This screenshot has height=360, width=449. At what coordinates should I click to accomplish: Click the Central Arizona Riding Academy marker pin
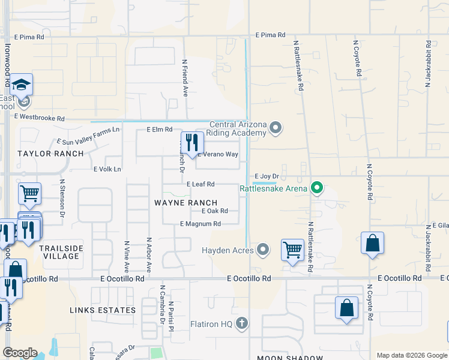(x=276, y=127)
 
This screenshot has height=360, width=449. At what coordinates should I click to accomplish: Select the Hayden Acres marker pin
(x=262, y=250)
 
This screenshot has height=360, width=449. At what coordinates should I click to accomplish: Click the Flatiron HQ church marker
(x=241, y=324)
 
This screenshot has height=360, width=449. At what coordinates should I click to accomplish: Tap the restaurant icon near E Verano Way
(x=192, y=143)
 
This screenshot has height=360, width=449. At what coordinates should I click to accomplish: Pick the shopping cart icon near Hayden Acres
(x=292, y=249)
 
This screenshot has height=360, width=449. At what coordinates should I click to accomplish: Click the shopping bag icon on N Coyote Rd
(x=372, y=243)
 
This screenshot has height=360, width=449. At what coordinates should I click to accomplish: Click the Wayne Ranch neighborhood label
(x=185, y=203)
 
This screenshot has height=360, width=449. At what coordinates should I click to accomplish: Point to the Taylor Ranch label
(x=50, y=154)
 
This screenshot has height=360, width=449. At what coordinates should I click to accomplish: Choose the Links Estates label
(x=103, y=310)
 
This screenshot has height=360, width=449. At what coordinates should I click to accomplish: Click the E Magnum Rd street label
(x=200, y=224)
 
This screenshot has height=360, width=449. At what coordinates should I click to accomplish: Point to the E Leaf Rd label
(x=200, y=184)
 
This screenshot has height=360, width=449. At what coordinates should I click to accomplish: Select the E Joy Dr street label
(x=268, y=176)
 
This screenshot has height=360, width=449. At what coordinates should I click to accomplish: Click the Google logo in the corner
(x=20, y=353)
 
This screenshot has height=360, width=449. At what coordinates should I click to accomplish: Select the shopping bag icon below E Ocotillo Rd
(x=347, y=308)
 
